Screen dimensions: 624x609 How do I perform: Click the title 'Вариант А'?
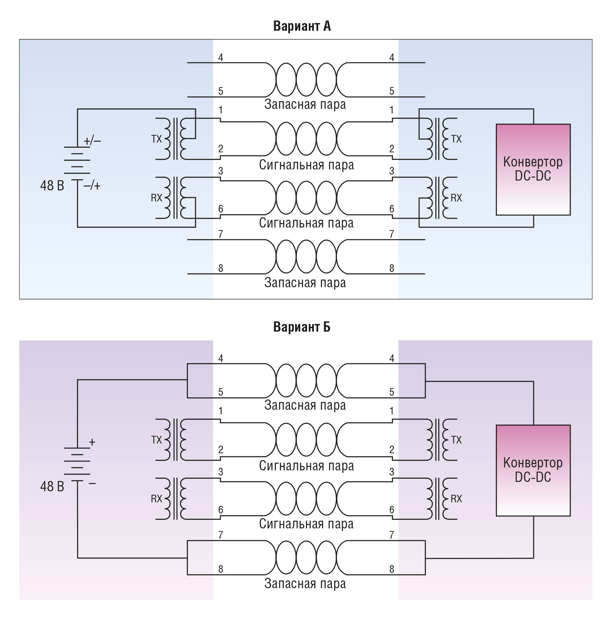coord(302,26)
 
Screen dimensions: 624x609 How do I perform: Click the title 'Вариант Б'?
coord(302,327)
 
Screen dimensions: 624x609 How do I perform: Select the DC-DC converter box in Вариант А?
coord(533,169)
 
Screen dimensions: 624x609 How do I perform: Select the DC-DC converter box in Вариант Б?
coord(533,470)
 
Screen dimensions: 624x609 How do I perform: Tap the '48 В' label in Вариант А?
coord(52,186)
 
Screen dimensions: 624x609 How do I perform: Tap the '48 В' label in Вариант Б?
coord(52,487)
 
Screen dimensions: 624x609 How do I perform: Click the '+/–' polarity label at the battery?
coord(92,141)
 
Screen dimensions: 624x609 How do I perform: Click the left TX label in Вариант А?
coord(156,139)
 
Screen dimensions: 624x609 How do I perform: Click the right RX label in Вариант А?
coord(456,198)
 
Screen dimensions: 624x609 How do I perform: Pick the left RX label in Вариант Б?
coord(156,499)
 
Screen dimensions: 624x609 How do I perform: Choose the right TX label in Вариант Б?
coord(456,440)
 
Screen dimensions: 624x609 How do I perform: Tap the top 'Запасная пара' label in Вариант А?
coord(305,105)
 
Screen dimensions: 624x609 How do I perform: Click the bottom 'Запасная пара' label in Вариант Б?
coord(305,584)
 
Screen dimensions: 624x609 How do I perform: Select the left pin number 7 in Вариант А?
coord(220,234)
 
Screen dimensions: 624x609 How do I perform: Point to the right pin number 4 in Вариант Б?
coord(392,359)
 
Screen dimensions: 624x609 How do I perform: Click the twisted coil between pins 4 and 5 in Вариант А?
coord(306,80)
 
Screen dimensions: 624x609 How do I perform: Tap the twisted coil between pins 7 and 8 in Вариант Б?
coord(306,557)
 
